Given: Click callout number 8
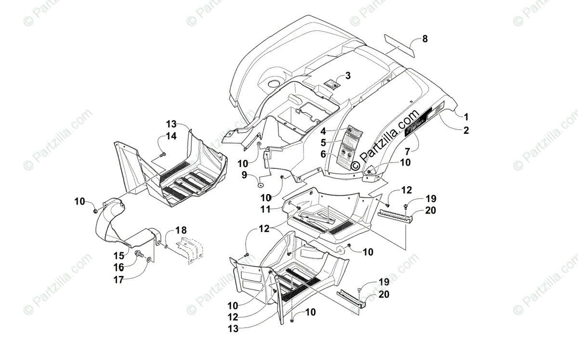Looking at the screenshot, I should coord(424,39).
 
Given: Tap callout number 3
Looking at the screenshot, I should coord(348,76).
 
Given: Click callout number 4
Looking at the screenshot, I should coord(324,130).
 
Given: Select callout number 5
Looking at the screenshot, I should coord(324,142).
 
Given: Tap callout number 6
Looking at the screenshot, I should coord(324,154).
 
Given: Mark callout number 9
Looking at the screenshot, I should coord(245,175).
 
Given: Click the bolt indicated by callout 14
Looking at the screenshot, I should coord(162,154).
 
